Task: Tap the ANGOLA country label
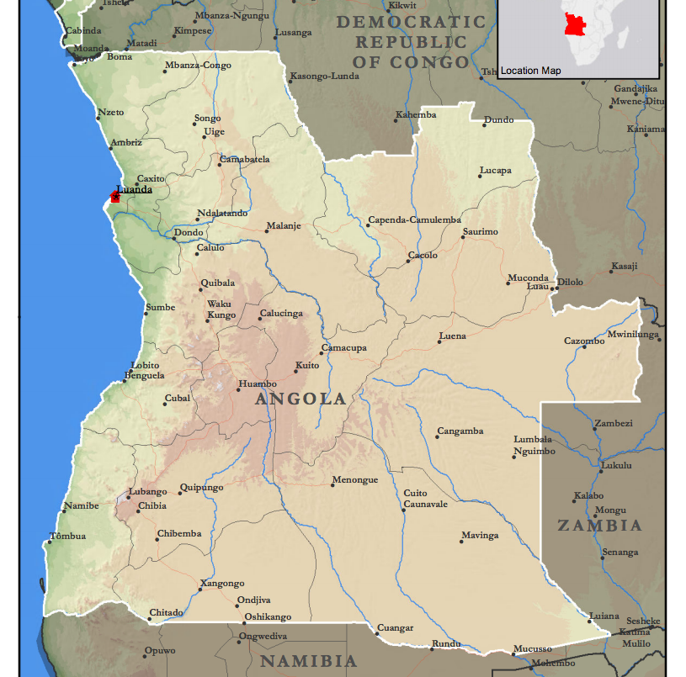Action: [300, 399]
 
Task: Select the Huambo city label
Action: [258, 384]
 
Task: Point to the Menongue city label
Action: [355, 480]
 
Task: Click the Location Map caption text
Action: [530, 71]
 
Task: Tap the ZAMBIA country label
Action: [599, 526]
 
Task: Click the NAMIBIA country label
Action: [308, 661]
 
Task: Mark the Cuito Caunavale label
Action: [425, 499]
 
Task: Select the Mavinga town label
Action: [480, 536]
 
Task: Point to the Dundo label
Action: [498, 120]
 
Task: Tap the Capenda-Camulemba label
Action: [414, 221]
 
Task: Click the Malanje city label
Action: [284, 226]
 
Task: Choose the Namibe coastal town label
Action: [82, 505]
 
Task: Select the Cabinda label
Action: [83, 31]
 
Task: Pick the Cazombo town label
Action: [584, 341]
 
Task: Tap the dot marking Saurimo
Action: [463, 238]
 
